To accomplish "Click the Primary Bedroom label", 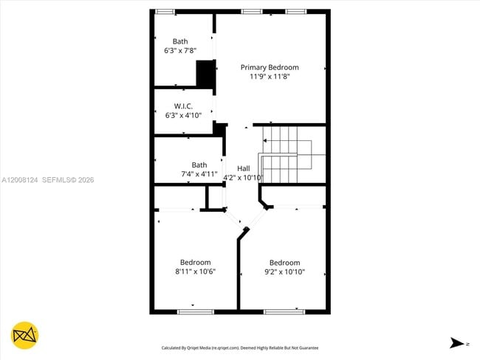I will click(270, 67).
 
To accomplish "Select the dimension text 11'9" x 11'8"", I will click(270, 76).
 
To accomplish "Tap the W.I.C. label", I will click(183, 106).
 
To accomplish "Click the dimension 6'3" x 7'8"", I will click(180, 51).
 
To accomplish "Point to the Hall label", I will click(243, 168).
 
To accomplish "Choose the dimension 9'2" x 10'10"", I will click(284, 271).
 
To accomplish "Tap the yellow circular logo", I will click(25, 336).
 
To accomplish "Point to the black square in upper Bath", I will click(205, 74).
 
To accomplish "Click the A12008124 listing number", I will click(19, 179).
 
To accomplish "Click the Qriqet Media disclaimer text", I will click(240, 347).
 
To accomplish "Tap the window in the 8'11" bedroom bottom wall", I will click(191, 311).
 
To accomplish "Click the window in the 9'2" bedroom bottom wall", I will click(284, 311).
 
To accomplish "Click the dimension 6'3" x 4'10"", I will click(183, 115).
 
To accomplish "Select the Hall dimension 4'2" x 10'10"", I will click(243, 177).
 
